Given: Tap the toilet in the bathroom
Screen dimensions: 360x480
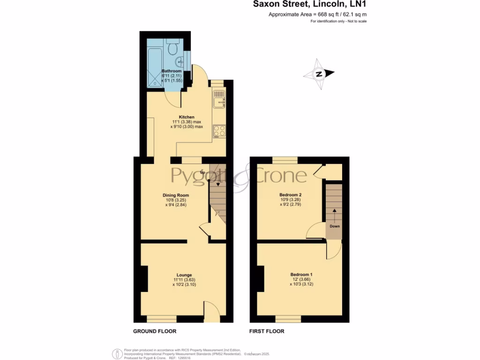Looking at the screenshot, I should (172, 47).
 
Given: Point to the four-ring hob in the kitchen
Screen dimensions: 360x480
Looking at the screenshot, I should (219, 131).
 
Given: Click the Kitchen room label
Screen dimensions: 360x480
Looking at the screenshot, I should (187, 117).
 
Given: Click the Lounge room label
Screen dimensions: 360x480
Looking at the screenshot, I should (184, 275).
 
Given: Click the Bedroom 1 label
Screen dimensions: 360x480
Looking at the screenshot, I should (301, 274).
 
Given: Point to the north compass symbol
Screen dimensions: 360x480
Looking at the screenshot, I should (319, 74).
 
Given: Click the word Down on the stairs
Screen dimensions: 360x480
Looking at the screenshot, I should (334, 226).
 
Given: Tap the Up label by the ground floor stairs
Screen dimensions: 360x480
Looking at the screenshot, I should (202, 172).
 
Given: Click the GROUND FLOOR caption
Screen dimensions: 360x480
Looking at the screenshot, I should (155, 331).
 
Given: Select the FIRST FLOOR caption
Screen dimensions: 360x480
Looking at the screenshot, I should (266, 331).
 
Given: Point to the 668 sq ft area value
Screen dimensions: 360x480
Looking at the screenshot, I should (328, 15).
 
